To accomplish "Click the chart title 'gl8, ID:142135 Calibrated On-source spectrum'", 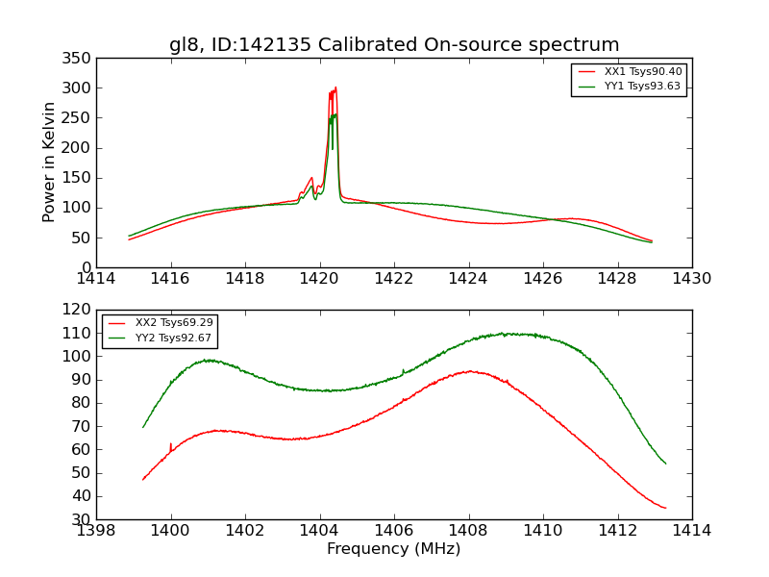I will pos(394,45).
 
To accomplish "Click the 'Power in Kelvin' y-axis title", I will pos(49,163).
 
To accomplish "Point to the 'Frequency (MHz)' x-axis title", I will pos(394,549).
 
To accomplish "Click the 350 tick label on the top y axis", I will pos(79,59).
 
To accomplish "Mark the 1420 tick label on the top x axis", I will pos(319,279).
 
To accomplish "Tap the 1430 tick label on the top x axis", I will pos(691,279).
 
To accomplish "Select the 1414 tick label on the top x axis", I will pos(96,279).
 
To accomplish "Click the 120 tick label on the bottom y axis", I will pos(79,310).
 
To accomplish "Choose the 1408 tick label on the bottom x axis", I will pos(468,531).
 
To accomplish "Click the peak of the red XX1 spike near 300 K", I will pos(335,88).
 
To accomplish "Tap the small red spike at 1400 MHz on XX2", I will pos(171,444).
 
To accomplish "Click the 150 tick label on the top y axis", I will pos(79,178).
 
